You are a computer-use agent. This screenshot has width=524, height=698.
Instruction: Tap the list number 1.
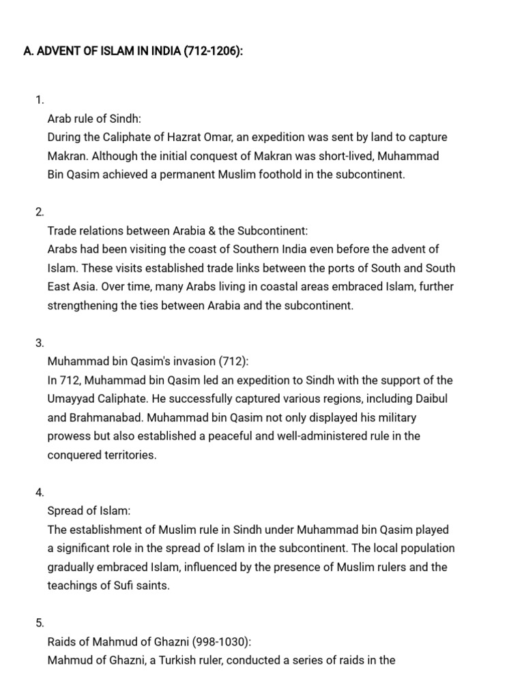point(40,100)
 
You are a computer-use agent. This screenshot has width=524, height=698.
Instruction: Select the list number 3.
point(40,343)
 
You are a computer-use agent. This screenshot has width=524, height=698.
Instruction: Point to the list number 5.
point(40,622)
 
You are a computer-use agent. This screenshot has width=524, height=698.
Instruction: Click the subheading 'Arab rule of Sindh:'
point(94,119)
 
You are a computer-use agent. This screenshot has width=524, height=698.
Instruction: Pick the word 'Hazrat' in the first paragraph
point(216,137)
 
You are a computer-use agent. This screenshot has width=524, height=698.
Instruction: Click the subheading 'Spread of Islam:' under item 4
point(89,511)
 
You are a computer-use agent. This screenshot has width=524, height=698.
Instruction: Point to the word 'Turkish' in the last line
point(205,660)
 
